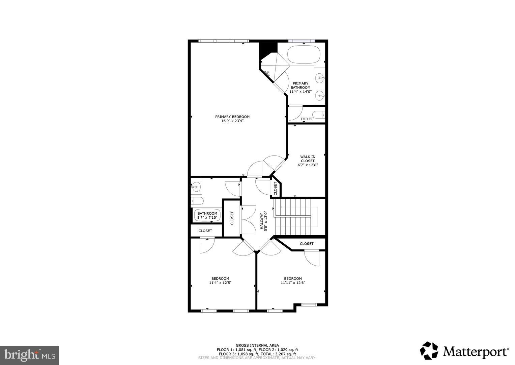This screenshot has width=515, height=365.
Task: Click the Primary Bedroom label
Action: click(232, 117)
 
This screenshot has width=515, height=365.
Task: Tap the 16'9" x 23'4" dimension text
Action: click(232, 121)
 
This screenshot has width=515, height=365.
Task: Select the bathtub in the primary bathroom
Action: click(304, 54)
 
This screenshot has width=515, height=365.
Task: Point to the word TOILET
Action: click(307, 119)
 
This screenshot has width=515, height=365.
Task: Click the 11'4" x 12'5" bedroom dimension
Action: click(220, 283)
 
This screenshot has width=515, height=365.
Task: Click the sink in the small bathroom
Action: click(196, 187)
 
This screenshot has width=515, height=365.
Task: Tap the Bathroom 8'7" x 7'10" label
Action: click(207, 216)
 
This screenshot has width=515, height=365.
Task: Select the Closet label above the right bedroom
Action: click(307, 244)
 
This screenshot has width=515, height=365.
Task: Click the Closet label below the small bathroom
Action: click(205, 231)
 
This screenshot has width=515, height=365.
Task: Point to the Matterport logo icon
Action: click(429, 351)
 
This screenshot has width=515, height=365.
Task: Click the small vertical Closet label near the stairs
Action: click(275, 189)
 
